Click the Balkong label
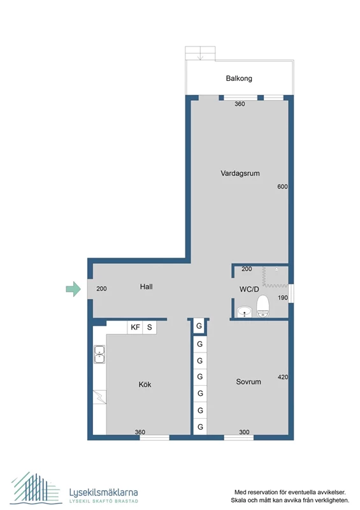pyautogui.click(x=239, y=78)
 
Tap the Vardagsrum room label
pyautogui.click(x=240, y=173)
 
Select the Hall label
pyautogui.click(x=147, y=287)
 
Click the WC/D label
pyautogui.click(x=248, y=289)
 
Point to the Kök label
pyautogui.click(x=145, y=384)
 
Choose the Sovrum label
pyautogui.click(x=248, y=382)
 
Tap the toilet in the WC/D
pyautogui.click(x=263, y=307)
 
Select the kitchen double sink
pyautogui.click(x=100, y=354)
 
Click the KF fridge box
pyautogui.click(x=135, y=328)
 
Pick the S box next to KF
pyautogui.click(x=150, y=328)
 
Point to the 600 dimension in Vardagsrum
pyautogui.click(x=283, y=187)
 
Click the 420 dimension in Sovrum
pyautogui.click(x=283, y=377)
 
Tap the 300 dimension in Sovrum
pyautogui.click(x=244, y=432)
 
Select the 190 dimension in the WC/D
pyautogui.click(x=283, y=298)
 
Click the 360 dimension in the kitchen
pyautogui.click(x=140, y=432)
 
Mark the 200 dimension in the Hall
pyautogui.click(x=102, y=289)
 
